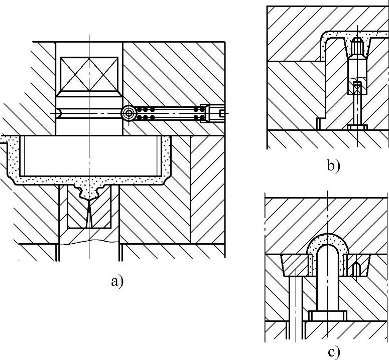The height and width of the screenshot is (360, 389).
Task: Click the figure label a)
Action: click(115, 281)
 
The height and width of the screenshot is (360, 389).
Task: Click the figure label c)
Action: click(334, 352)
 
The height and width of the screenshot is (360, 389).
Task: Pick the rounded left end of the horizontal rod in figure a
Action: click(59, 114)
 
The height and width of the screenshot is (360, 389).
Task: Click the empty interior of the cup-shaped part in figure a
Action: click(88, 155)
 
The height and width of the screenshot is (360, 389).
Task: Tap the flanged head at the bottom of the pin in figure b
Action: click(357, 127)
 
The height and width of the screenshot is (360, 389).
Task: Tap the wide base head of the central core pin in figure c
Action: click(327, 315)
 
